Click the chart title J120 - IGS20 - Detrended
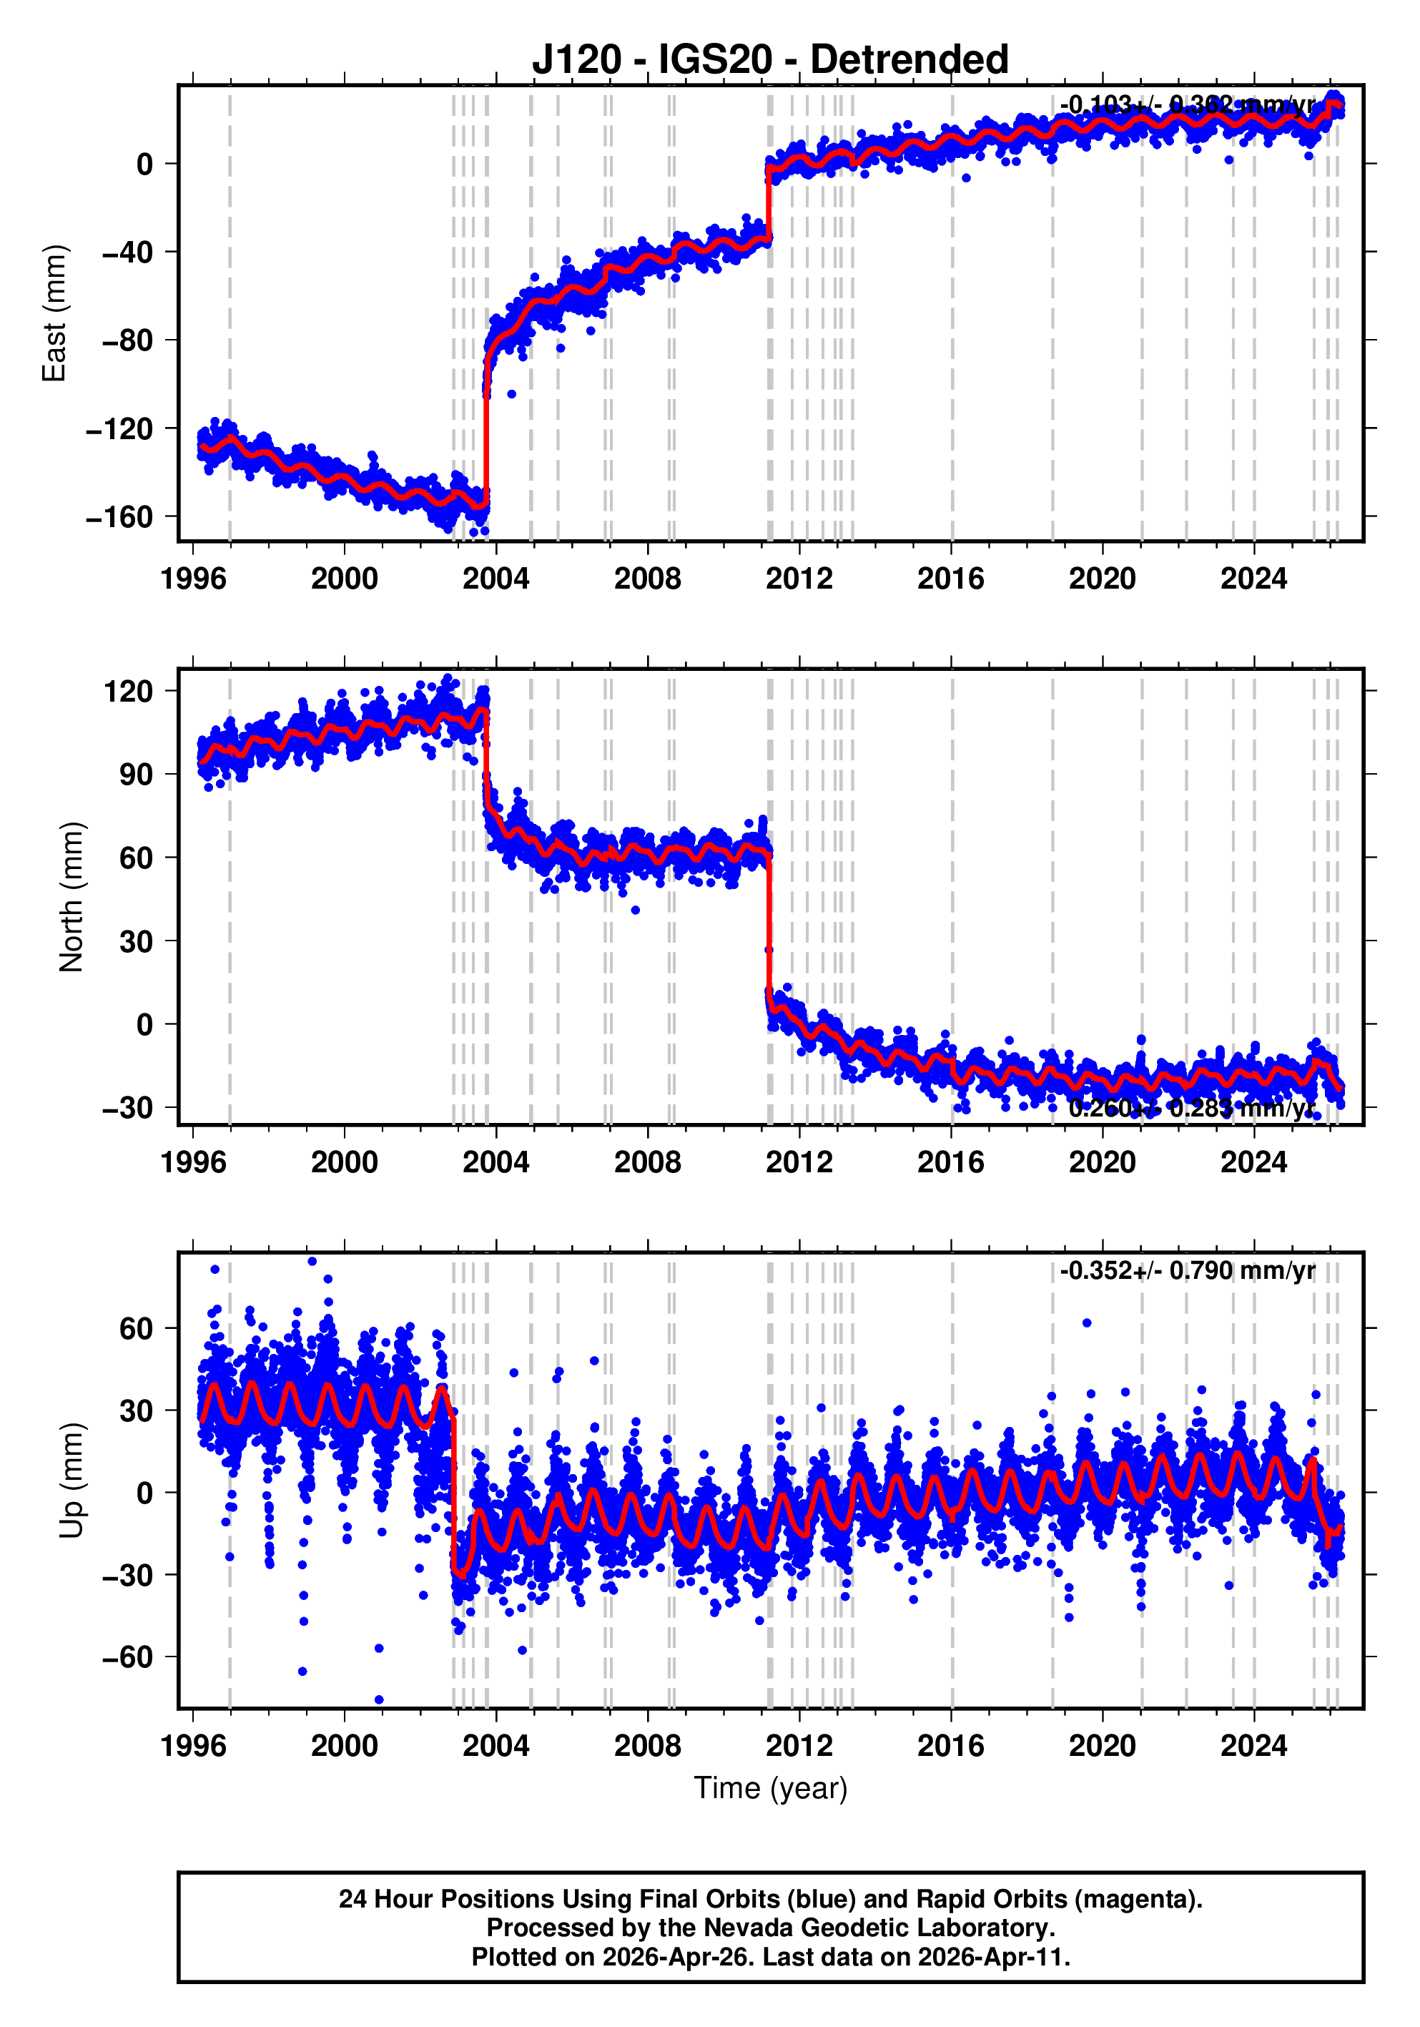[x=769, y=60]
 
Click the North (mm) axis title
[x=71, y=897]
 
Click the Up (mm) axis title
[x=71, y=1481]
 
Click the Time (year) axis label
[x=771, y=1787]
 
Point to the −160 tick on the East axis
[x=120, y=517]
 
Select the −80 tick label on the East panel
[x=127, y=340]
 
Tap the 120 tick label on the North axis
[x=129, y=691]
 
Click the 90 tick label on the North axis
[x=136, y=774]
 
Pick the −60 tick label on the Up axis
[x=127, y=1657]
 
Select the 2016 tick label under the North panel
[x=950, y=1163]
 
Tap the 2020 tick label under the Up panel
[x=1103, y=1746]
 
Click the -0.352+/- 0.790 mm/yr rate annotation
[x=1187, y=1271]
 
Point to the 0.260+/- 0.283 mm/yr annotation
[x=1191, y=1108]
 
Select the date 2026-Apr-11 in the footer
[x=992, y=1957]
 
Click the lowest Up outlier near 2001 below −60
[x=380, y=1699]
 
